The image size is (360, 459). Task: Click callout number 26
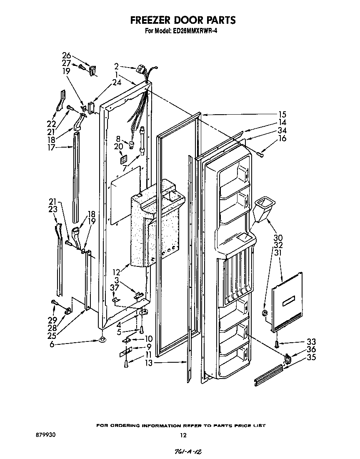click(67, 55)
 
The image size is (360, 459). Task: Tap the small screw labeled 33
click(276, 343)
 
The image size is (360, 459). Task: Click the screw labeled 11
click(126, 364)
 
